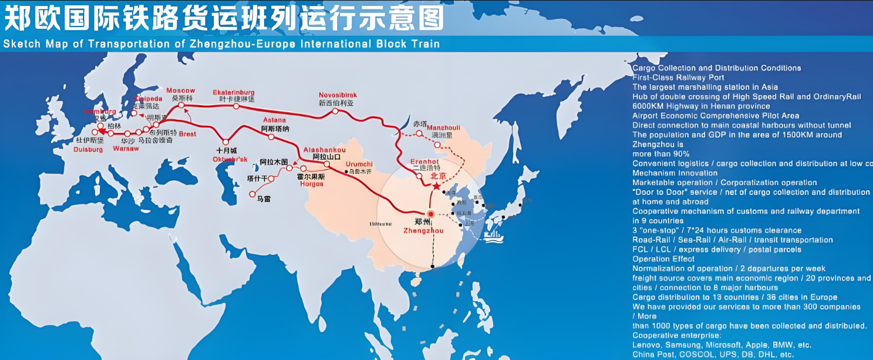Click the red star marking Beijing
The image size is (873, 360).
click(x=436, y=186)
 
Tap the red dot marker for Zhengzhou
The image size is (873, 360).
click(x=430, y=214)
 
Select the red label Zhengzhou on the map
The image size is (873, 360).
click(x=423, y=231)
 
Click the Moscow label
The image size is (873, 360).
click(x=180, y=90)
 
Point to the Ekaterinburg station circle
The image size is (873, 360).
click(x=235, y=106)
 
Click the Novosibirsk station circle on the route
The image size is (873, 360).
click(x=335, y=111)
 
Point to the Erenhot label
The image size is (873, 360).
click(x=424, y=161)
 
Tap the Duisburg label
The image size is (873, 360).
click(x=88, y=150)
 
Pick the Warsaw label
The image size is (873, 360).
click(x=126, y=148)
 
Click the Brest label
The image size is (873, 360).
click(x=187, y=134)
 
